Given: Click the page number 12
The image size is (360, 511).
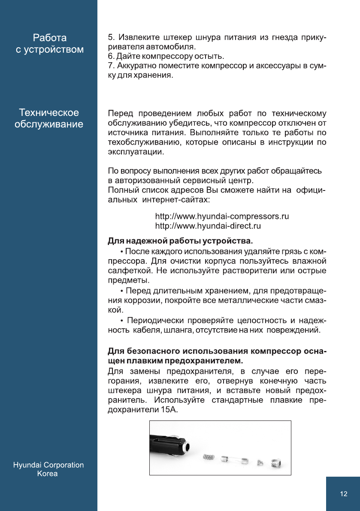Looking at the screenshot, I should point(343,494).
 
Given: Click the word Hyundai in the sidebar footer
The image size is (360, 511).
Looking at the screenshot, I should point(28,465).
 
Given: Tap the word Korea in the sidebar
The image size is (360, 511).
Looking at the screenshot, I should point(47,474).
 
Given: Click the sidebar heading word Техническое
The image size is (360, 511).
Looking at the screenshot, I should point(49,113).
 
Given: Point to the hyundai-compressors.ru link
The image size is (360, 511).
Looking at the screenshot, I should point(222,216).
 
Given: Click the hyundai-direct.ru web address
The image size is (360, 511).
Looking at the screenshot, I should point(208,226).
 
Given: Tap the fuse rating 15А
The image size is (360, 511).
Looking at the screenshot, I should point(169,410).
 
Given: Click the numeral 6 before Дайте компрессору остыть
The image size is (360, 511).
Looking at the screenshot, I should point(109,57).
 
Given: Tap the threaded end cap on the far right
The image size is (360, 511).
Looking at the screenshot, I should point(277,463).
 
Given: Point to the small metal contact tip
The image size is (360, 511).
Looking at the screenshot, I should point(259,463).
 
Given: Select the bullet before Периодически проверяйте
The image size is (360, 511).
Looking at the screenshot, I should point(122,321).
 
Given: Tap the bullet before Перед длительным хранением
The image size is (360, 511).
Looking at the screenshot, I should point(122,291).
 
